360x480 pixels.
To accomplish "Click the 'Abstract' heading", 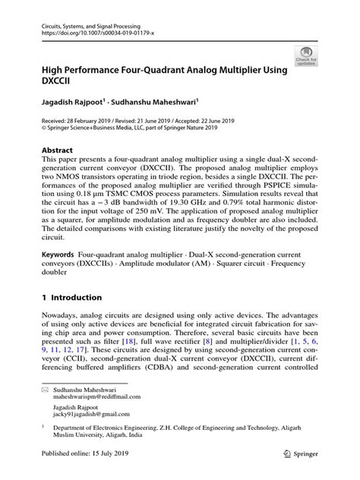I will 58,150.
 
